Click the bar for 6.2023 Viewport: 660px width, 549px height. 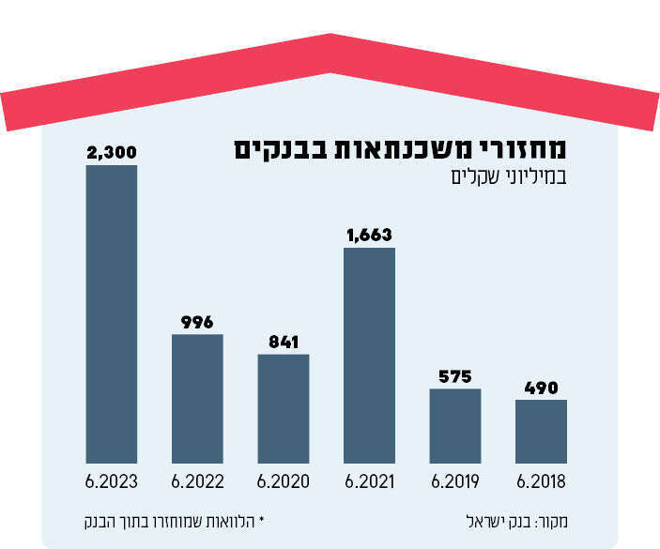point(112,314)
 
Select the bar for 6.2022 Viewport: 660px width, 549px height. point(197,399)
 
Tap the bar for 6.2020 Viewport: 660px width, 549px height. point(284,409)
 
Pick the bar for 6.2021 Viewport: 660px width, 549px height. point(369,356)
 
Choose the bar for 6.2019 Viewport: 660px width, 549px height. point(455,426)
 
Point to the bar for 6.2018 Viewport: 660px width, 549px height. point(541,432)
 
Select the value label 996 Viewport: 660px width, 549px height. point(197,321)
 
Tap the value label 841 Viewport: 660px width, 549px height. point(284,342)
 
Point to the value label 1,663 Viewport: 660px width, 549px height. point(369,235)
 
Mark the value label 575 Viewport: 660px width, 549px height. point(455,376)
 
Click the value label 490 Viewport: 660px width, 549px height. point(541,387)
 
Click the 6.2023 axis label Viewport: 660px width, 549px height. point(112,482)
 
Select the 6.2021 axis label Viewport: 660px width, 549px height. point(369,482)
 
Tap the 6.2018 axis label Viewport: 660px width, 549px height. point(541,482)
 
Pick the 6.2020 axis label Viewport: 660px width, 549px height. point(284,482)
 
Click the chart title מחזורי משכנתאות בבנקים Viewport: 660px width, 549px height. point(401,148)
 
